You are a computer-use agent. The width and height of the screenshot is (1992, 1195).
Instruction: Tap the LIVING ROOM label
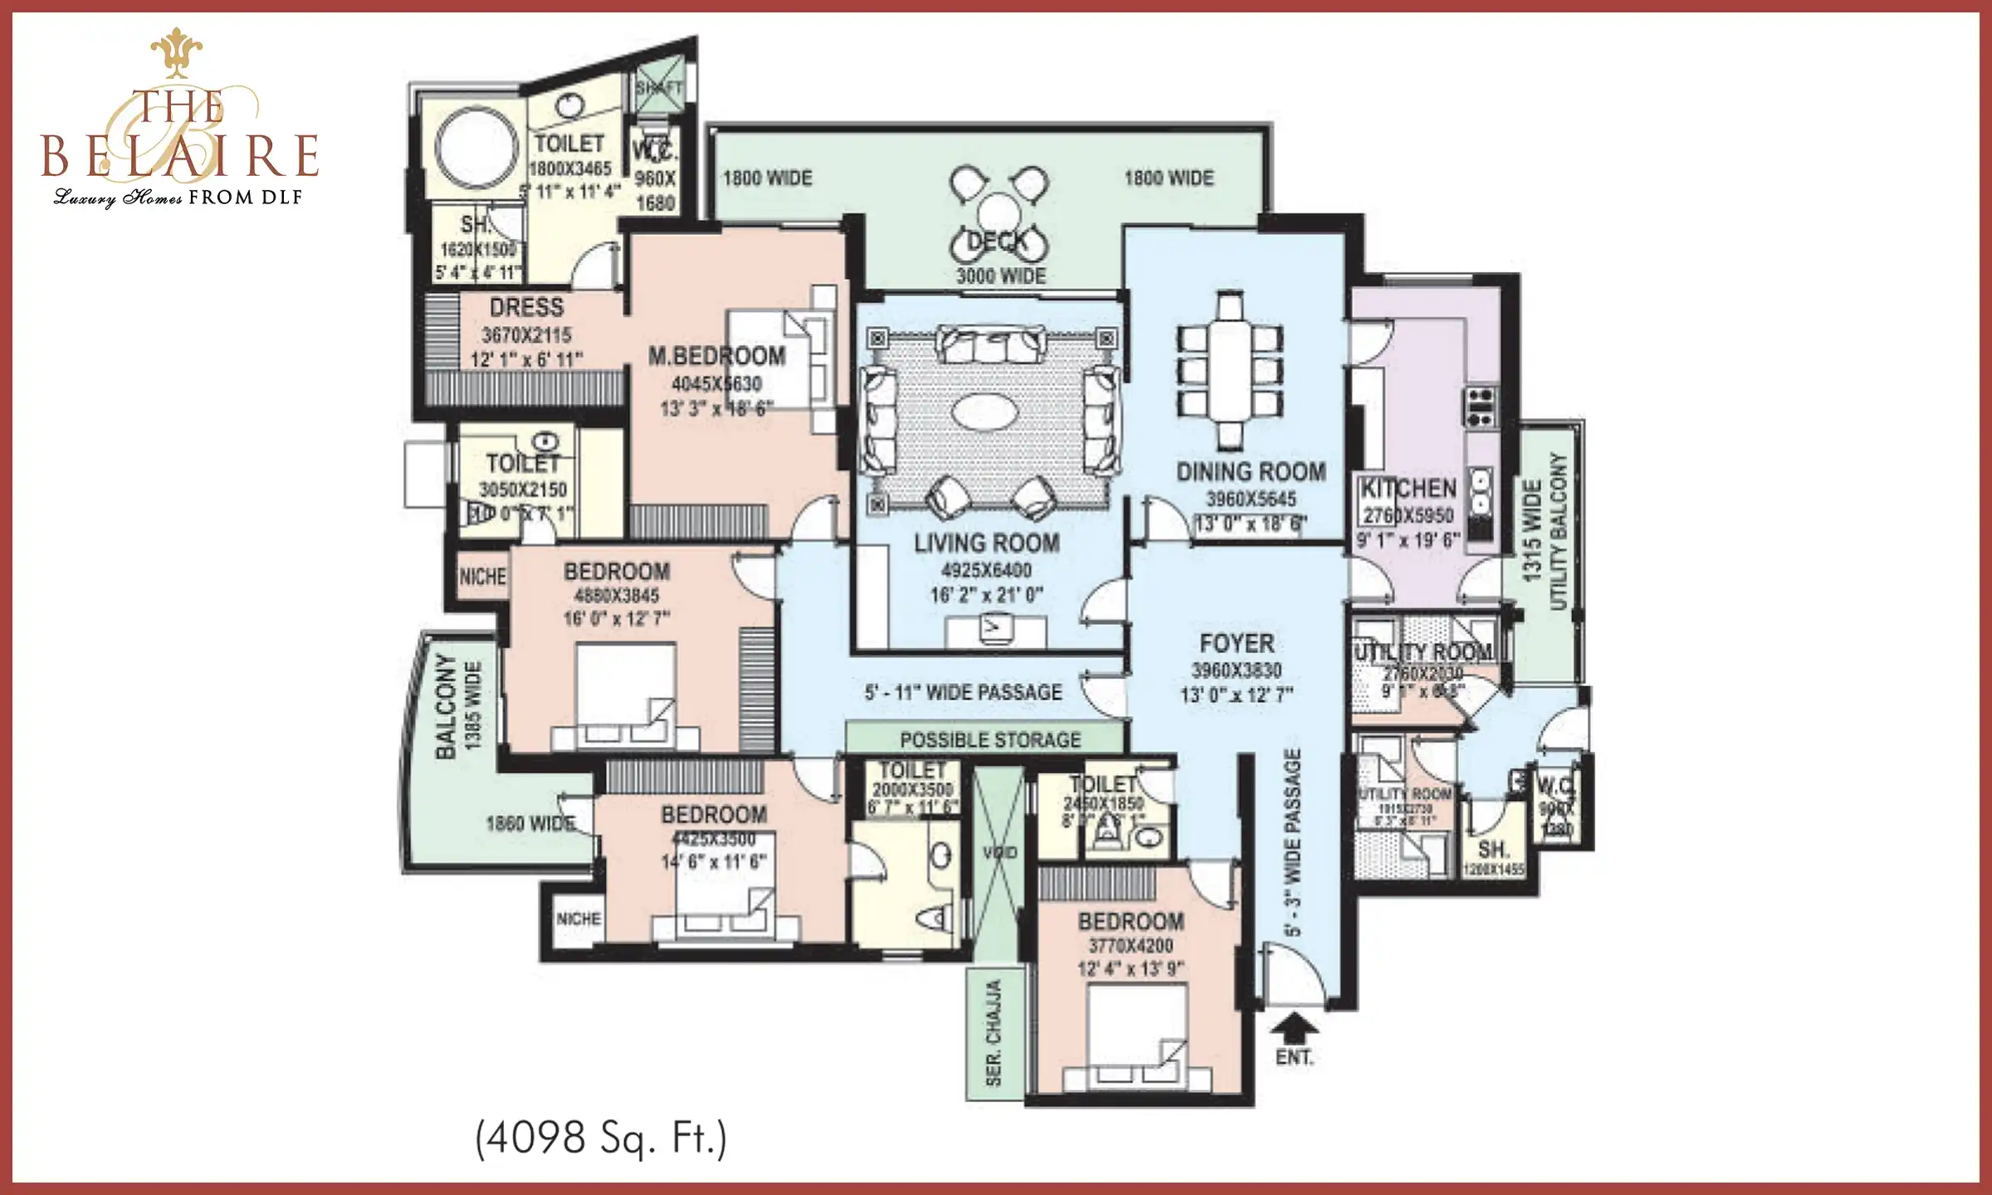[986, 544]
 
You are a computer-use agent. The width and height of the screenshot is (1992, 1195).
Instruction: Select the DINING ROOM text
[1251, 472]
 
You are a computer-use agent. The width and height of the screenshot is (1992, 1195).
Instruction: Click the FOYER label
[1237, 644]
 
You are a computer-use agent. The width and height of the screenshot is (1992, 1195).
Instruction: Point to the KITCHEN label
[1409, 488]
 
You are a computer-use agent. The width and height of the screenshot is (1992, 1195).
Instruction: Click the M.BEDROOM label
[716, 357]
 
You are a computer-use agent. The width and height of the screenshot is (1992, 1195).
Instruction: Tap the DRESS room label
[526, 308]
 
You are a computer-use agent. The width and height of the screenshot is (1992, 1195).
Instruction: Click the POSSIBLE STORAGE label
[990, 739]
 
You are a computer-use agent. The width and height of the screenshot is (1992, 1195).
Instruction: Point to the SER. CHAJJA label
[994, 1033]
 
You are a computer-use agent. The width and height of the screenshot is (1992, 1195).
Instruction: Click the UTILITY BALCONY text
[1557, 531]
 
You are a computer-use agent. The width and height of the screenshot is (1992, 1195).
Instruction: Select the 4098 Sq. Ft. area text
[601, 1137]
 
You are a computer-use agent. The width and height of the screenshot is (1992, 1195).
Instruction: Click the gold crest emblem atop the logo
[177, 51]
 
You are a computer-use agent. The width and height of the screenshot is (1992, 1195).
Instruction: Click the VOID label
[999, 852]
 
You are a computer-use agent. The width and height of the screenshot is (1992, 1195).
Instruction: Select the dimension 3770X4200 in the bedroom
[1130, 945]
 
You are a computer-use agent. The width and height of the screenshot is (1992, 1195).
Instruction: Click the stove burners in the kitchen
[1482, 406]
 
